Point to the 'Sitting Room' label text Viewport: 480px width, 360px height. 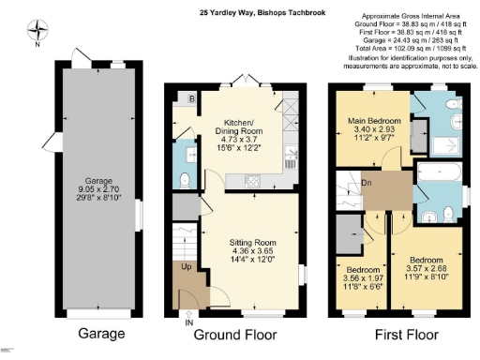pyautogui.click(x=247, y=242)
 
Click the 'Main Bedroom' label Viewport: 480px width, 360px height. pyautogui.click(x=375, y=121)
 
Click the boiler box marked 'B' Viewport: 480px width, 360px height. pyautogui.click(x=192, y=97)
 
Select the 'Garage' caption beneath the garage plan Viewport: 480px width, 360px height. pyautogui.click(x=95, y=335)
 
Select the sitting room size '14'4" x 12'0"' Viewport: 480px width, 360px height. pyautogui.click(x=247, y=260)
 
